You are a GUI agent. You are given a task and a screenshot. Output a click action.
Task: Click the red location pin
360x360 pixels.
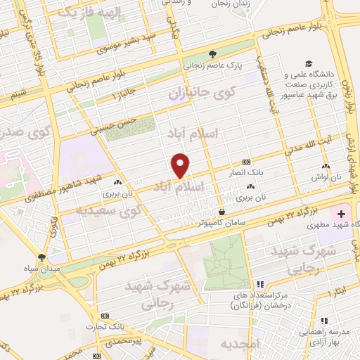(181, 165)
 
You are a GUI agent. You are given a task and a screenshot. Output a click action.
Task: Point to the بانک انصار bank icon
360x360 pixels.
(245, 161)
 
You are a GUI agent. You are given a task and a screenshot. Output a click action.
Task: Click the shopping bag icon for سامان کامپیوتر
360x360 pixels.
(221, 211)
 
